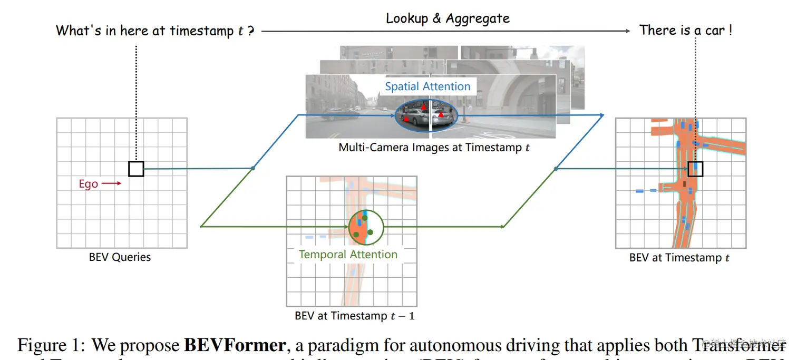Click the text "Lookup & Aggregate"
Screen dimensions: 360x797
click(448, 18)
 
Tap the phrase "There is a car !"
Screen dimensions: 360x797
click(685, 31)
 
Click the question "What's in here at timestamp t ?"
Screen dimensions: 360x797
click(155, 31)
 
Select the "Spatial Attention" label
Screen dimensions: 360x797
click(427, 86)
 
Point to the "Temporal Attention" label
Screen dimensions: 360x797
click(348, 255)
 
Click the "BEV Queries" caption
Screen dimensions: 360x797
click(120, 258)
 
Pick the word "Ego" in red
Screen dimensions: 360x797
click(89, 184)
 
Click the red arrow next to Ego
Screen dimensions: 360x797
click(111, 184)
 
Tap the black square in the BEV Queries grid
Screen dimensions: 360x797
click(136, 169)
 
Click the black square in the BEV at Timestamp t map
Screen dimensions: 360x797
click(695, 169)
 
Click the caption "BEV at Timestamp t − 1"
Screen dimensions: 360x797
click(354, 316)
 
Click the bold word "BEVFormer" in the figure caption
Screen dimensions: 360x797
click(235, 345)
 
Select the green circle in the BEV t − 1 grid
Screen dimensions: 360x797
click(366, 227)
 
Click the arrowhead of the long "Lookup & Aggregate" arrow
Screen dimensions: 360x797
click(627, 31)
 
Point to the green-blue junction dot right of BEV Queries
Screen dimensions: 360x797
click(253, 168)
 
